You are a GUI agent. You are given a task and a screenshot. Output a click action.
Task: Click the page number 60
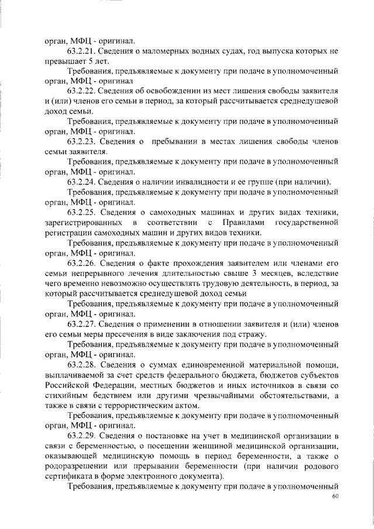(x=335, y=497)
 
